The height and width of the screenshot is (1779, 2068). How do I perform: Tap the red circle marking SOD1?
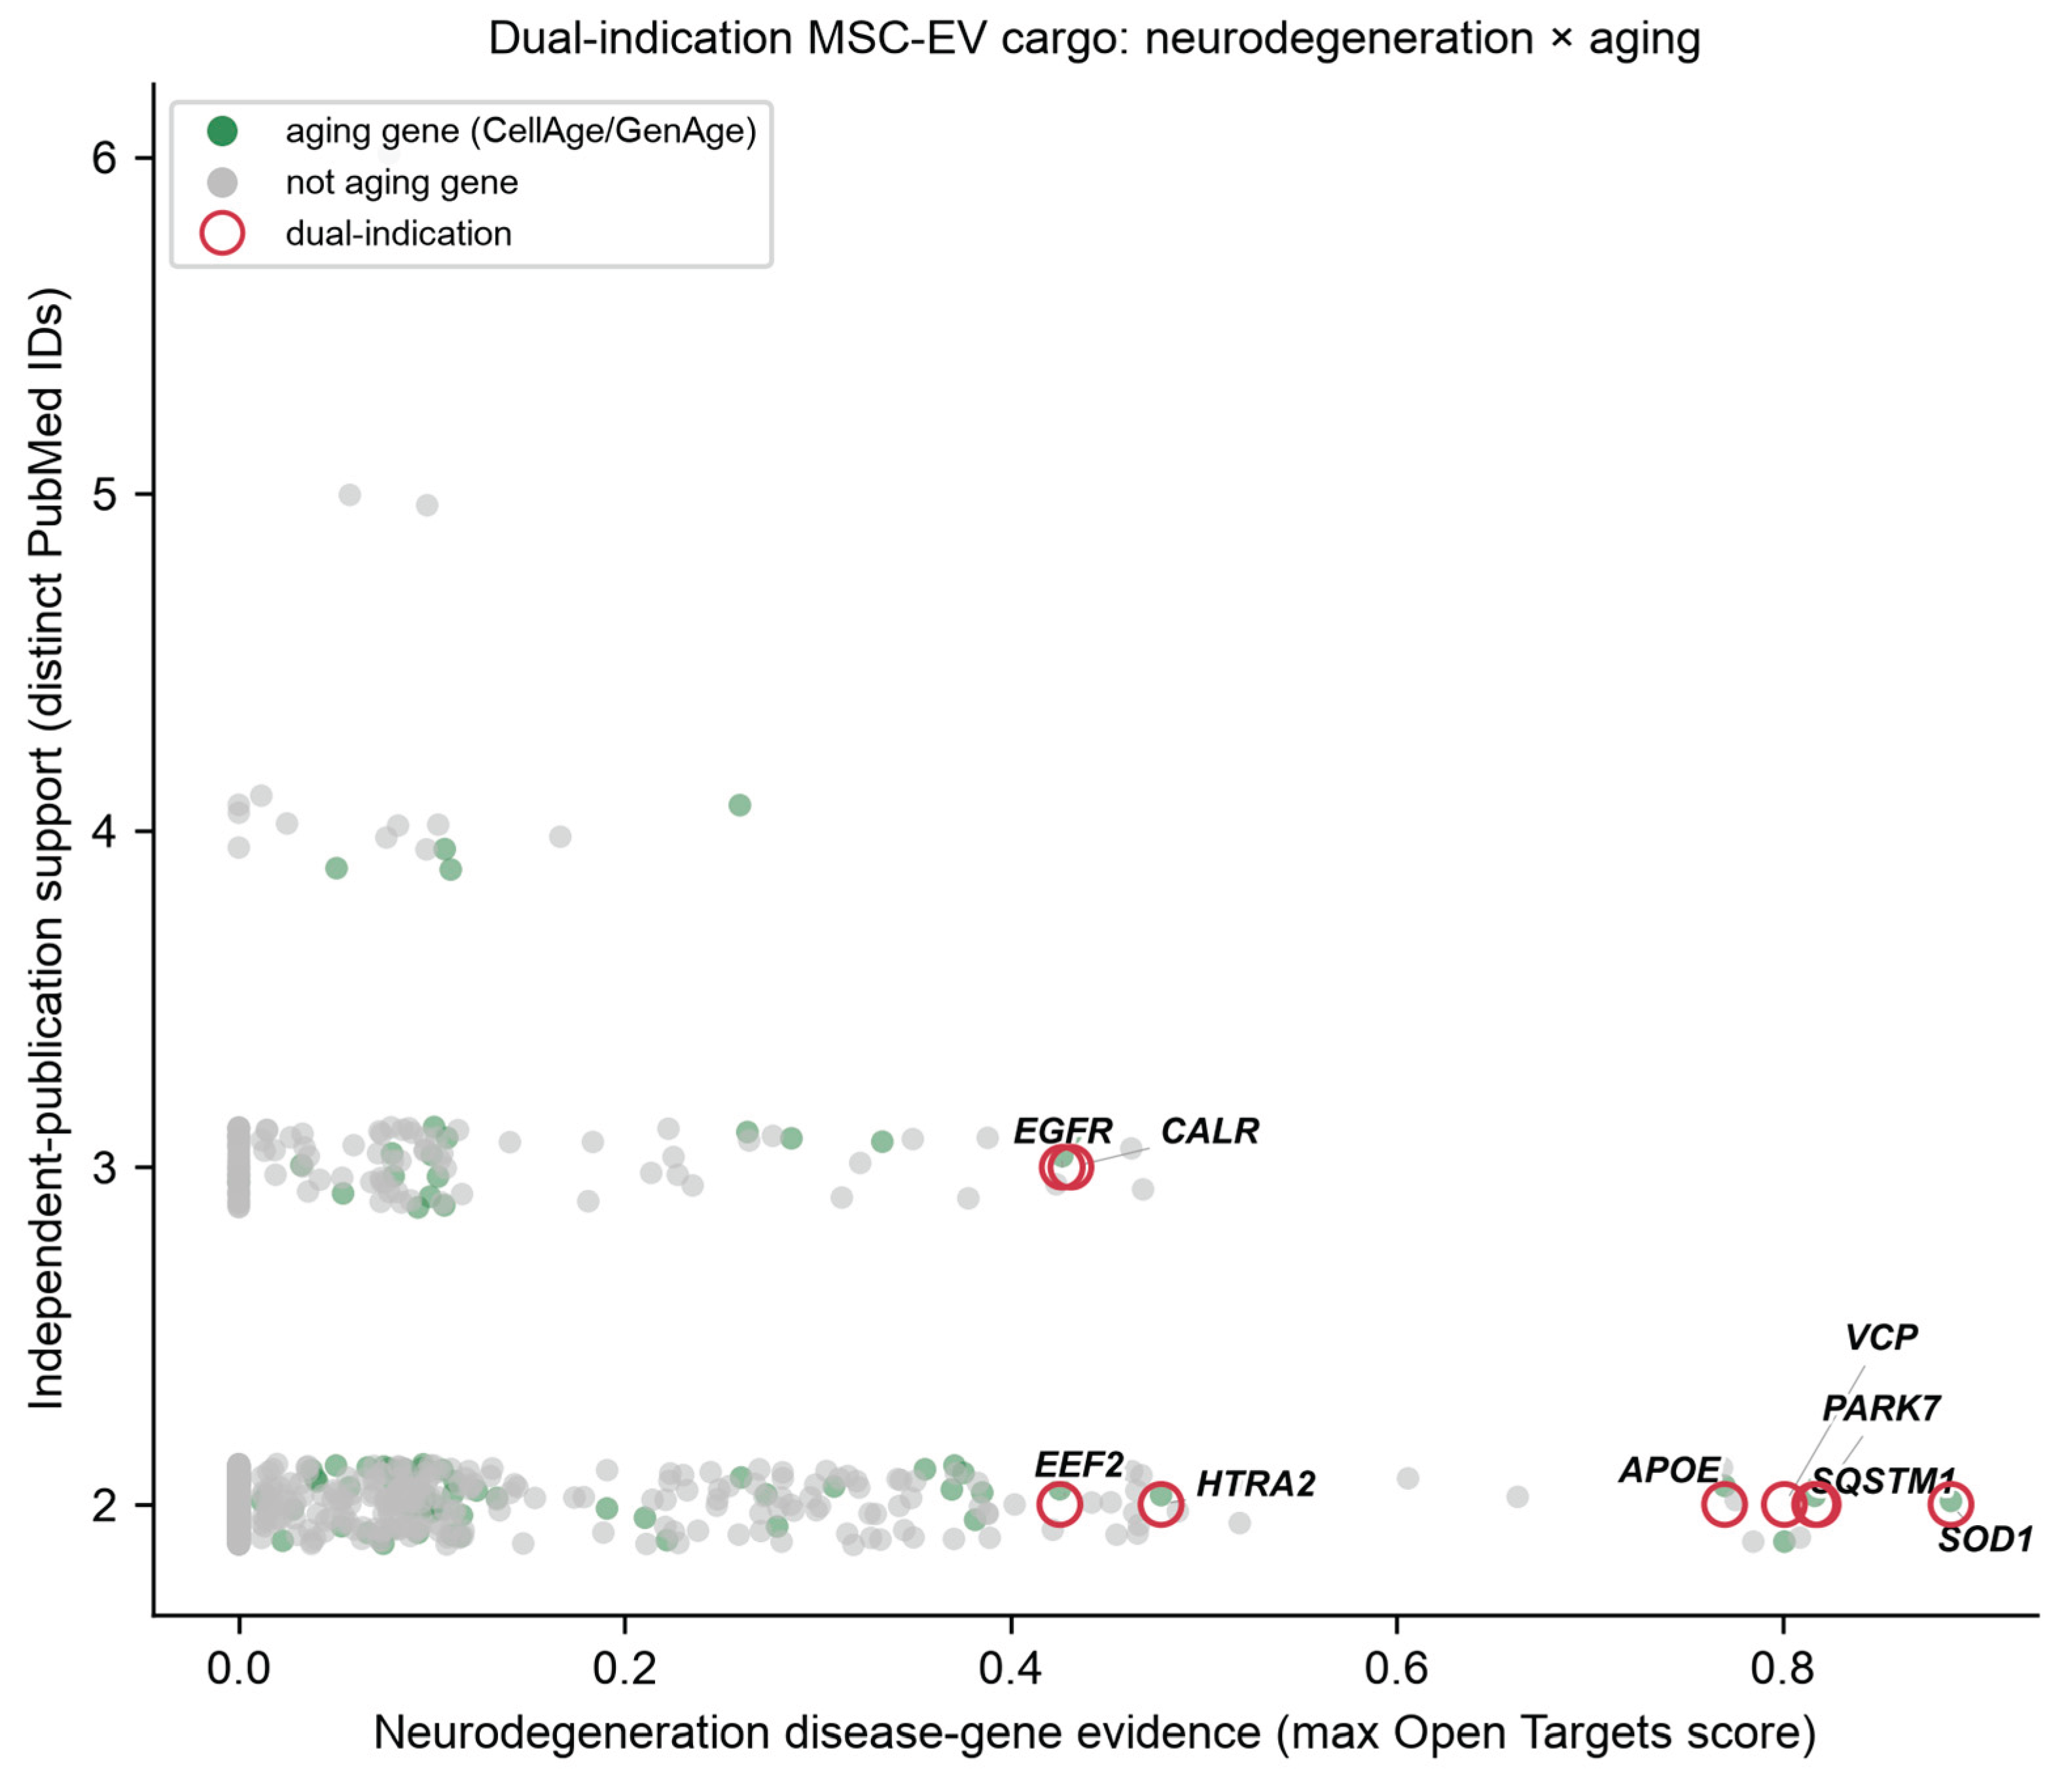tap(1950, 1504)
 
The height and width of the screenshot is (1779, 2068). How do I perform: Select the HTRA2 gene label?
tap(1256, 1484)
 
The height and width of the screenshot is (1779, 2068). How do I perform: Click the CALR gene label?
tap(1209, 1131)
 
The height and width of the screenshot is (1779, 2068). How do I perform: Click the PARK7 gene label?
tap(1881, 1408)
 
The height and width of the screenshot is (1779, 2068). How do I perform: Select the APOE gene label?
tap(1669, 1470)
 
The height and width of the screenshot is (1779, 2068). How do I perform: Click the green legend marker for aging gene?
tap(222, 131)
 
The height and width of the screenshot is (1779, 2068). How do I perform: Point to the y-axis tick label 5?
tap(105, 495)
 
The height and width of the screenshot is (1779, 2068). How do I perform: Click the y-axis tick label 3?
tap(105, 1167)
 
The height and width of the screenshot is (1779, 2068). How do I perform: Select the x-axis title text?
tap(1094, 1734)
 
